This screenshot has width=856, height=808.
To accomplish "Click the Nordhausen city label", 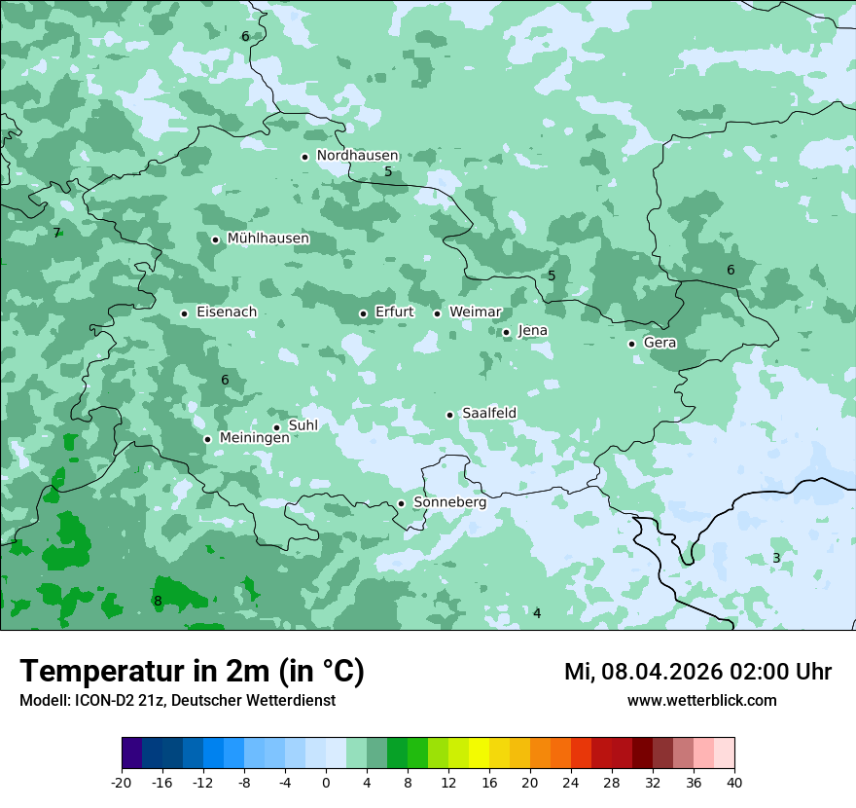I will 357,156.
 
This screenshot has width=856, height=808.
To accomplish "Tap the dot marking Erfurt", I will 363,313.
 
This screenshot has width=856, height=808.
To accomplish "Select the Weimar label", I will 475,312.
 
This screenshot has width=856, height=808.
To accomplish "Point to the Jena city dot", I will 506,332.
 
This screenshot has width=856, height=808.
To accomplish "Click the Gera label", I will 660,343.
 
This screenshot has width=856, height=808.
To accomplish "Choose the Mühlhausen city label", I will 267,239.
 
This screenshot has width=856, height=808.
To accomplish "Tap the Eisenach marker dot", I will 184,313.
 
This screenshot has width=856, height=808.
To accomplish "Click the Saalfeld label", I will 488,414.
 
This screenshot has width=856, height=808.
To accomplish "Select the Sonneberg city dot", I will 401,503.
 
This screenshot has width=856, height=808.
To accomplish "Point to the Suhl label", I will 303,425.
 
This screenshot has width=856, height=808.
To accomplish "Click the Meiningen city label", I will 254,438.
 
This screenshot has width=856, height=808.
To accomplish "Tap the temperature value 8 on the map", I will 158,602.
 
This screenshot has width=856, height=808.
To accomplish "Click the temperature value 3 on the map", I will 776,558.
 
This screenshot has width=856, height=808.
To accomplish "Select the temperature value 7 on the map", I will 56,234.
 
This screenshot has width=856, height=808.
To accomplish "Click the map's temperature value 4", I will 536,613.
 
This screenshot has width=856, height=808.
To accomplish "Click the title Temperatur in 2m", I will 192,671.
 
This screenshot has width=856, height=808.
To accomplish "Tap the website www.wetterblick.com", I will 701,700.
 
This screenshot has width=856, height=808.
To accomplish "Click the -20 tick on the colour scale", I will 122,782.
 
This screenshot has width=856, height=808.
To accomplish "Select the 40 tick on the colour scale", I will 733,782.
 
